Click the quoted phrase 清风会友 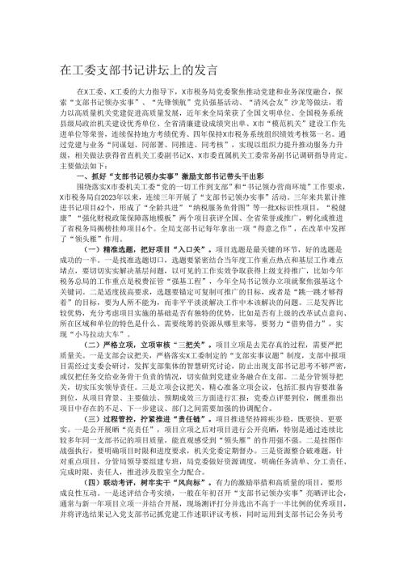(x=293, y=108)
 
